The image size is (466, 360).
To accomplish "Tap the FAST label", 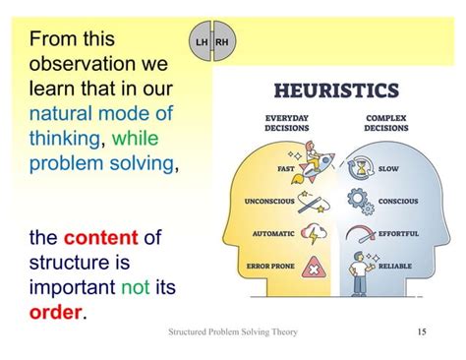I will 286,168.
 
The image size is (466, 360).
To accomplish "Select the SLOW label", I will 388,168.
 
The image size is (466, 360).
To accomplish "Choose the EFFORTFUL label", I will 398,234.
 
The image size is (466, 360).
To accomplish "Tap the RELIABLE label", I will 395,267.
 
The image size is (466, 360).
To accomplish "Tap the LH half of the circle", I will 202,43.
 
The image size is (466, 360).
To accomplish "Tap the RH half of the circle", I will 221,43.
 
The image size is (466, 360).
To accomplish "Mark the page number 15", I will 422,331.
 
